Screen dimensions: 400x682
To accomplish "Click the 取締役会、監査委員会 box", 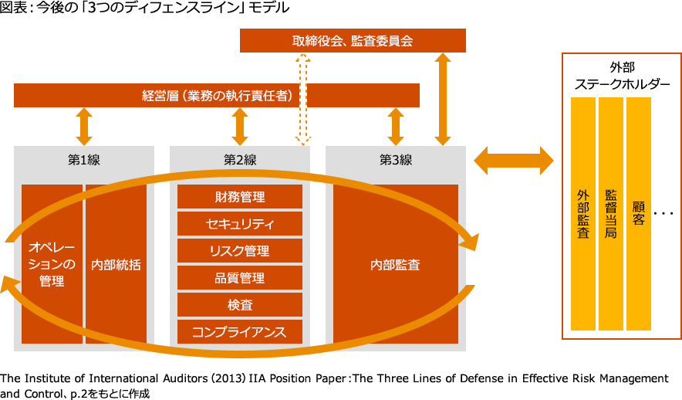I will tap(353, 41).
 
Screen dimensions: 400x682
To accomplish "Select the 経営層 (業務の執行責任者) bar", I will tap(217, 96).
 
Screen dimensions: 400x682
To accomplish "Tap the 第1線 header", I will tap(84, 160).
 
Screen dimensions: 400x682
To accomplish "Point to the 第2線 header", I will tap(240, 160).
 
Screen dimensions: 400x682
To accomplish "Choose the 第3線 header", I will tap(396, 160).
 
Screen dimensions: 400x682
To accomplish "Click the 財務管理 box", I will tap(240, 197).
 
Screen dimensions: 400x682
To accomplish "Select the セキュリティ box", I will tap(240, 224).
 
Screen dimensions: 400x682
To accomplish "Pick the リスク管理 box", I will tap(240, 251).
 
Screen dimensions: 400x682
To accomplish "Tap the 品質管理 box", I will tap(240, 278).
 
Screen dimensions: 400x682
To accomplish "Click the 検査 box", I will tap(240, 305).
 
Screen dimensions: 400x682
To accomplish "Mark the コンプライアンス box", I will tap(240, 332).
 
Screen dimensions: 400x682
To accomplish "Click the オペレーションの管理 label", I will tap(52, 264).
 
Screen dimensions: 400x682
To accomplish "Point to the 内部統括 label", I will tap(116, 264).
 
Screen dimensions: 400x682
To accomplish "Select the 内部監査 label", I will tap(396, 264).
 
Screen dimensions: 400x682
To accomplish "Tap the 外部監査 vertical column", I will tap(583, 213).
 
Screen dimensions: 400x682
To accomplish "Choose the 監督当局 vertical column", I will tap(611, 213).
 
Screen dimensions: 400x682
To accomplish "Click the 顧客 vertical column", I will tap(639, 213).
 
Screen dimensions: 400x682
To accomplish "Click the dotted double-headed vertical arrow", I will tap(302, 99).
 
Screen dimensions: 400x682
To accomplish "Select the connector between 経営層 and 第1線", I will tap(84, 126).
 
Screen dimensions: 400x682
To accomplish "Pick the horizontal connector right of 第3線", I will tap(513, 160).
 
